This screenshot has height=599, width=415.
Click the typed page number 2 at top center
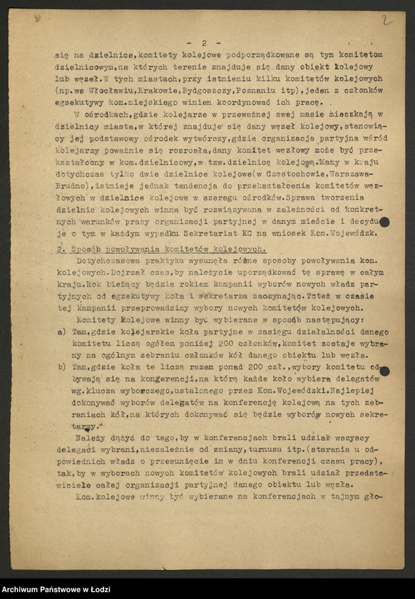(203, 43)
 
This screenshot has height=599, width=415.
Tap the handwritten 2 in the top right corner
(386, 20)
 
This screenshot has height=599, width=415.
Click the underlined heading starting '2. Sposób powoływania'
(160, 249)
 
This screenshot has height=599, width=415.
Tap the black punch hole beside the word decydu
(384, 222)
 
